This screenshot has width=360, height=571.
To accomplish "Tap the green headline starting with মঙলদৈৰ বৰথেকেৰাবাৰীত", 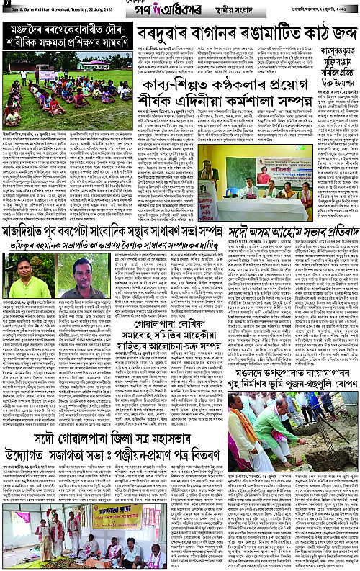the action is click(x=68, y=42).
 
